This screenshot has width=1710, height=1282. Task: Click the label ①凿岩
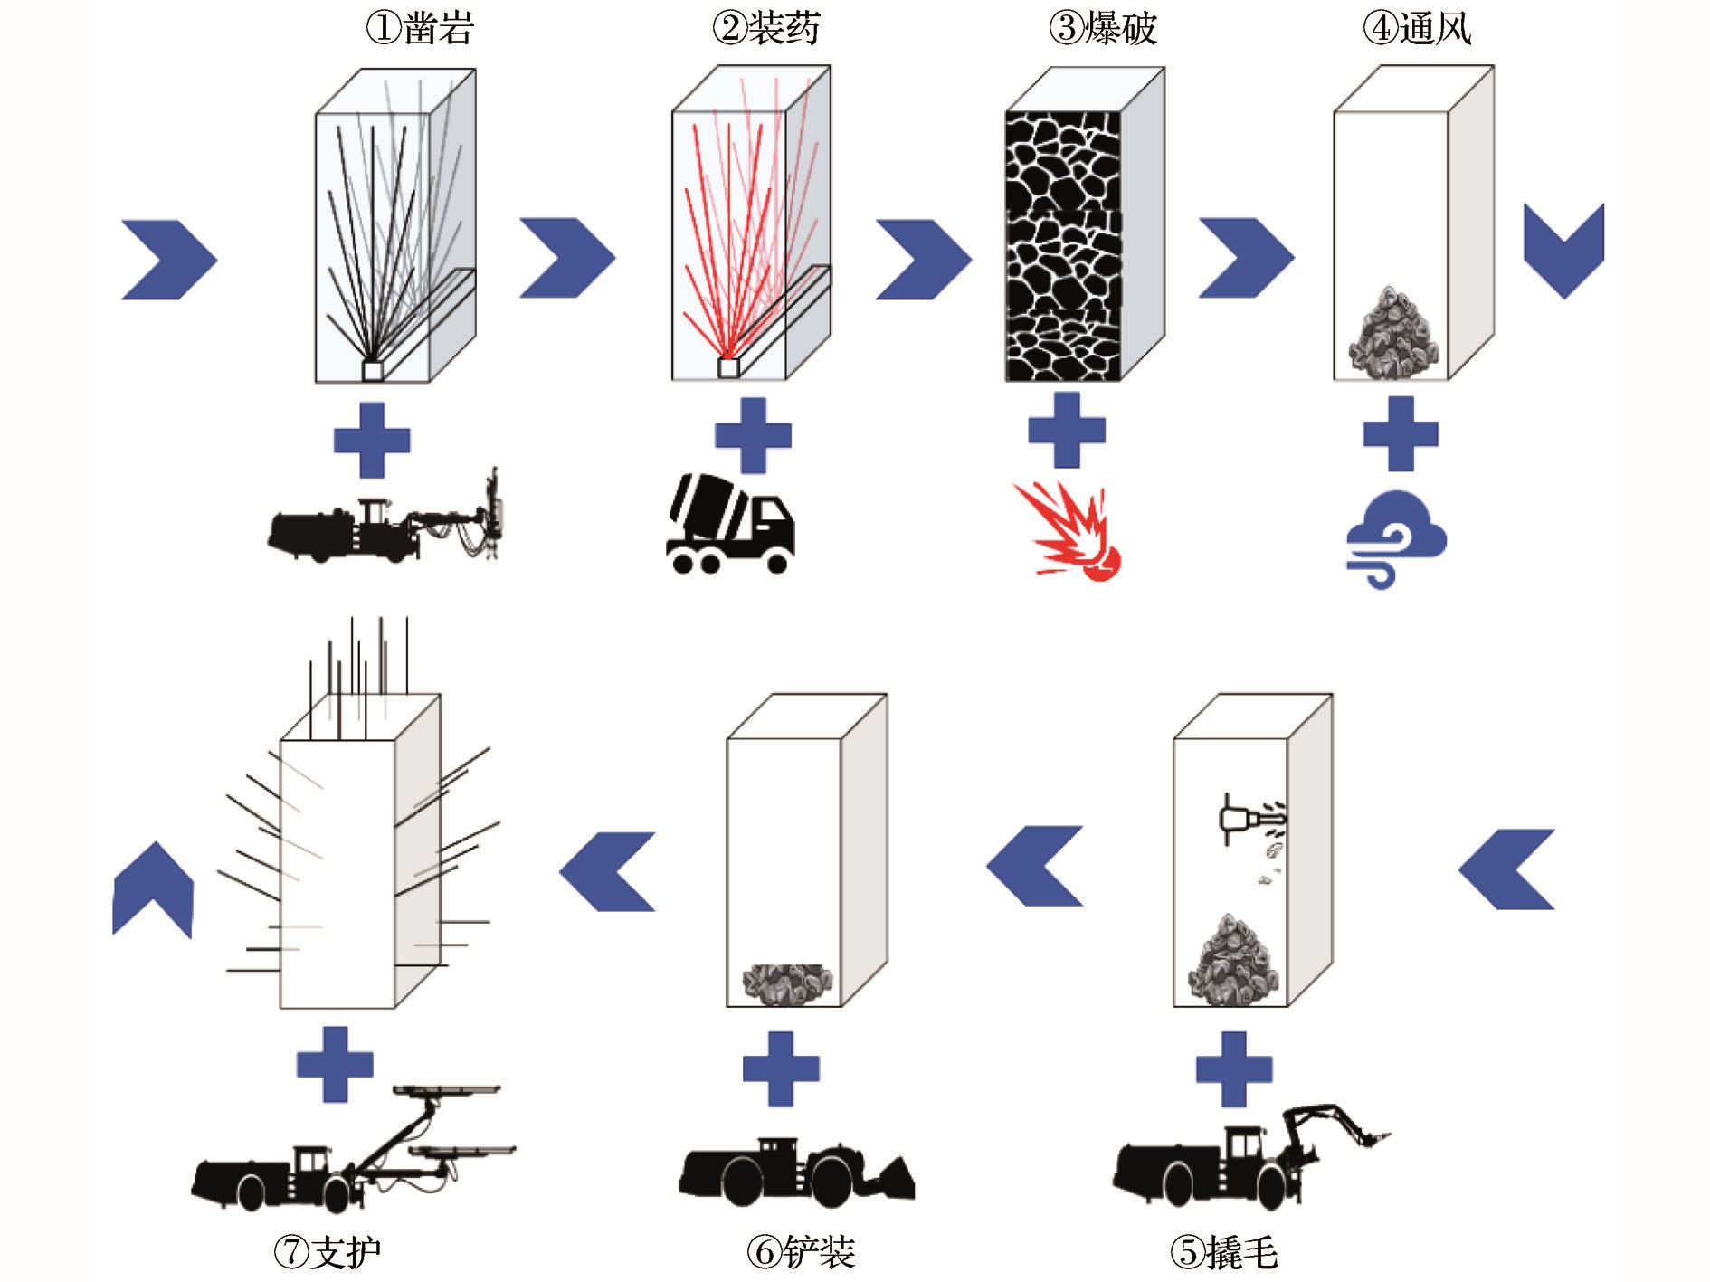[x=420, y=28]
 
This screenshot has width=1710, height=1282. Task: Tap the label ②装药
[x=765, y=28]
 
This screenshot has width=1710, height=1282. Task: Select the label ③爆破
[x=1102, y=28]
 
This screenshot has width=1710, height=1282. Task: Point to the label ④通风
[x=1417, y=28]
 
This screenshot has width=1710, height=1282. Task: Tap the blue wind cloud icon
[x=1395, y=539]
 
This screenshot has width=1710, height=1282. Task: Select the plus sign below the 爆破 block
[x=1067, y=430]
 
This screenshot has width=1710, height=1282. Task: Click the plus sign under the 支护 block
[x=335, y=1064]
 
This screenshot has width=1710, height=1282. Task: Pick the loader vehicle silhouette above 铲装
[x=796, y=1173]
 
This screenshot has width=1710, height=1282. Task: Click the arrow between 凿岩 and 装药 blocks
[x=567, y=258]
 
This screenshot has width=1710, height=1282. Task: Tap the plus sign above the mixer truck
[x=753, y=436]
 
